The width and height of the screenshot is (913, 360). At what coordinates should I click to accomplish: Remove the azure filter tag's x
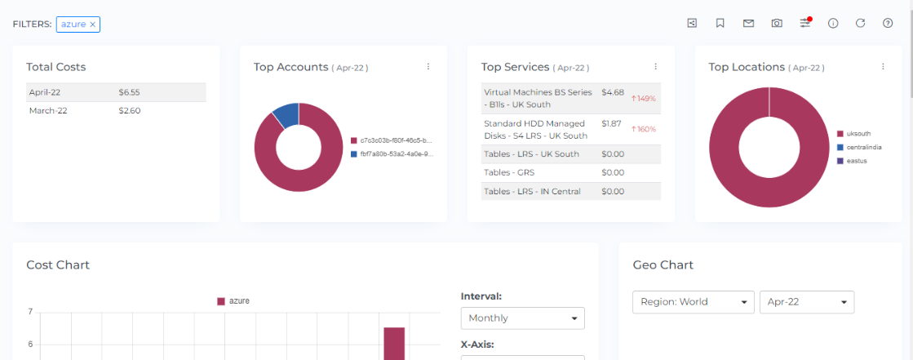point(93,24)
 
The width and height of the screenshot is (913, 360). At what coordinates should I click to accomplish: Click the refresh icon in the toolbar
point(860,23)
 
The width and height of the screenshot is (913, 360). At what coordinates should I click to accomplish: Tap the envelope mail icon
point(748,23)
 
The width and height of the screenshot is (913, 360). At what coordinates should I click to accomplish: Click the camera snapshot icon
point(777,23)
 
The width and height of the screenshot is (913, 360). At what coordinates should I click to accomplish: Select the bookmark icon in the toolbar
point(720,23)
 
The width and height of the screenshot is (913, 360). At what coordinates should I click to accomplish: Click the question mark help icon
point(888,23)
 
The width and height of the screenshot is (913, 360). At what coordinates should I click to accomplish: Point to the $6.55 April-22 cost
point(129,92)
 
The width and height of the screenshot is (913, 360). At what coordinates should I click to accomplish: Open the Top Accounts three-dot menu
point(428,67)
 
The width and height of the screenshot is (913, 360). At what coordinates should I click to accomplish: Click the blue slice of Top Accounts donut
point(286,114)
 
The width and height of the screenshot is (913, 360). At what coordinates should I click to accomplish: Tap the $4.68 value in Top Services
point(613,92)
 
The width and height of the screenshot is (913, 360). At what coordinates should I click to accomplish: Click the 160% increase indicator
point(644,129)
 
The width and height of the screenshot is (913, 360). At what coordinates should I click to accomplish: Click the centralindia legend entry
point(866,147)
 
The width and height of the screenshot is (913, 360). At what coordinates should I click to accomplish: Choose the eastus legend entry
point(857,161)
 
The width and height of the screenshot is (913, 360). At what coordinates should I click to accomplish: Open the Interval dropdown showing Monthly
point(522,318)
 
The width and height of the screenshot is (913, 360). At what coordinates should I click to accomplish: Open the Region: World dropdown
point(693,302)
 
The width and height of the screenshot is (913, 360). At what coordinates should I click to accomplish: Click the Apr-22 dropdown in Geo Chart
point(806,302)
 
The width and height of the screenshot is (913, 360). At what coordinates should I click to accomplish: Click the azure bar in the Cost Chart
point(394,343)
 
